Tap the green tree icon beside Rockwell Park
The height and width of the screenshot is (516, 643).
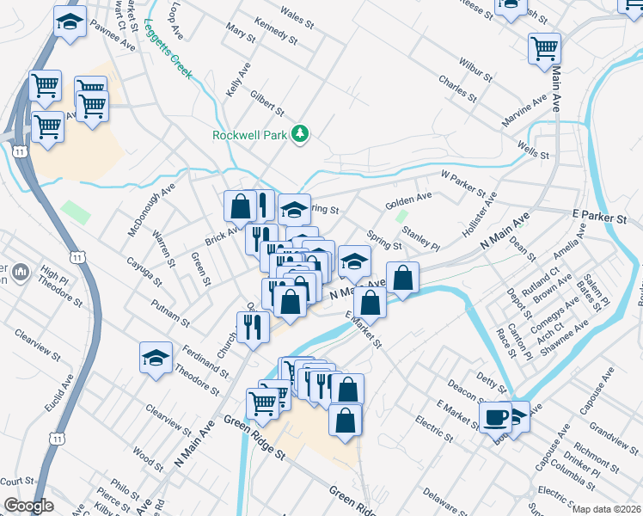click(300, 133)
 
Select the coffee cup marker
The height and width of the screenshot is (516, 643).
click(496, 417)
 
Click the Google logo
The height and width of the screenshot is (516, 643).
click(28, 506)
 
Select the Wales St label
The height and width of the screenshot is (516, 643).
click(297, 15)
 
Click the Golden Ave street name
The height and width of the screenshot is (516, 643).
click(407, 200)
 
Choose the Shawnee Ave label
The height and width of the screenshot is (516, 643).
click(569, 332)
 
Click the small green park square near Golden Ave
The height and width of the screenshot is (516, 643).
click(401, 217)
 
